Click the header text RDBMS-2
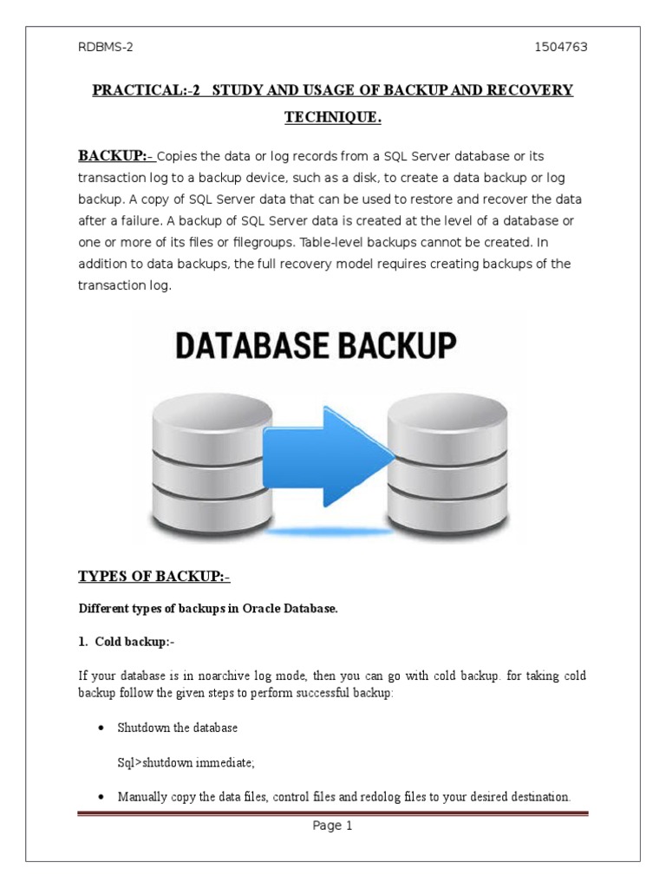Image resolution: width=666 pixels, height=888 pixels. click(102, 47)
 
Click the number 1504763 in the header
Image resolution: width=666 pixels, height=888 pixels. click(561, 47)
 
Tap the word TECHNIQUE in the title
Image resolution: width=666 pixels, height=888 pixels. click(333, 118)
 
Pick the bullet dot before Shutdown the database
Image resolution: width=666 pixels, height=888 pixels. click(101, 727)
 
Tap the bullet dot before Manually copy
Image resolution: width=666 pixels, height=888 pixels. click(101, 796)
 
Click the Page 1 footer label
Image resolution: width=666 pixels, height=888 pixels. click(333, 826)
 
